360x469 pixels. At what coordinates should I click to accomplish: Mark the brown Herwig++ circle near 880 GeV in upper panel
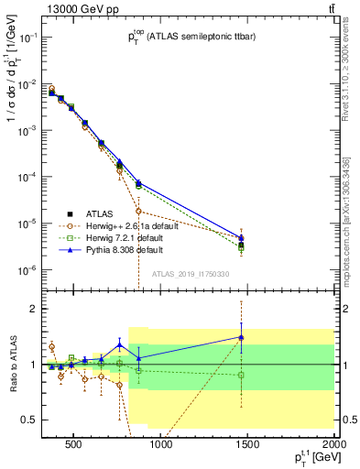click(138, 236)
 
